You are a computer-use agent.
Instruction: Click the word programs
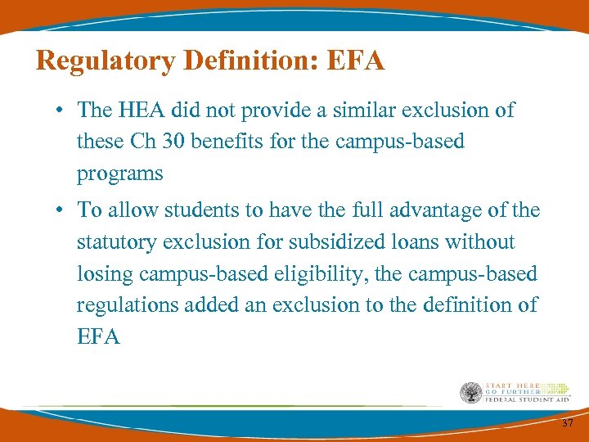coord(119,174)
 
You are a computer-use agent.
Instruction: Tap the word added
coord(213,304)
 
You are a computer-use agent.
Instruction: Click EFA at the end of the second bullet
coord(98,336)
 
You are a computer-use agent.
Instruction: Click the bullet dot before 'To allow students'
coord(61,210)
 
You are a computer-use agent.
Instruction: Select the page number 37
coord(567,423)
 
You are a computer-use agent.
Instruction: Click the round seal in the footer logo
coord(470,393)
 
